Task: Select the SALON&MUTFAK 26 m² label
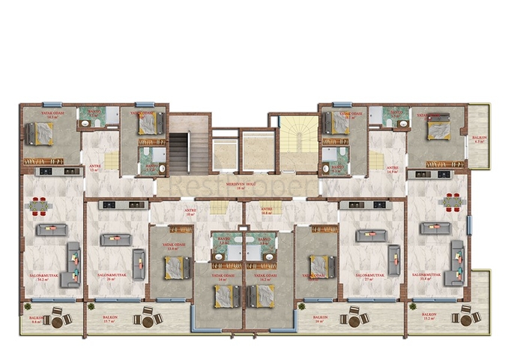click(x=111, y=277)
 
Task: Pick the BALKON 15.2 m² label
click(x=429, y=317)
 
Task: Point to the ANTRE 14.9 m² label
click(x=391, y=169)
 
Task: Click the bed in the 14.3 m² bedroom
click(x=40, y=133)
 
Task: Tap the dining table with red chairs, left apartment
click(x=39, y=203)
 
